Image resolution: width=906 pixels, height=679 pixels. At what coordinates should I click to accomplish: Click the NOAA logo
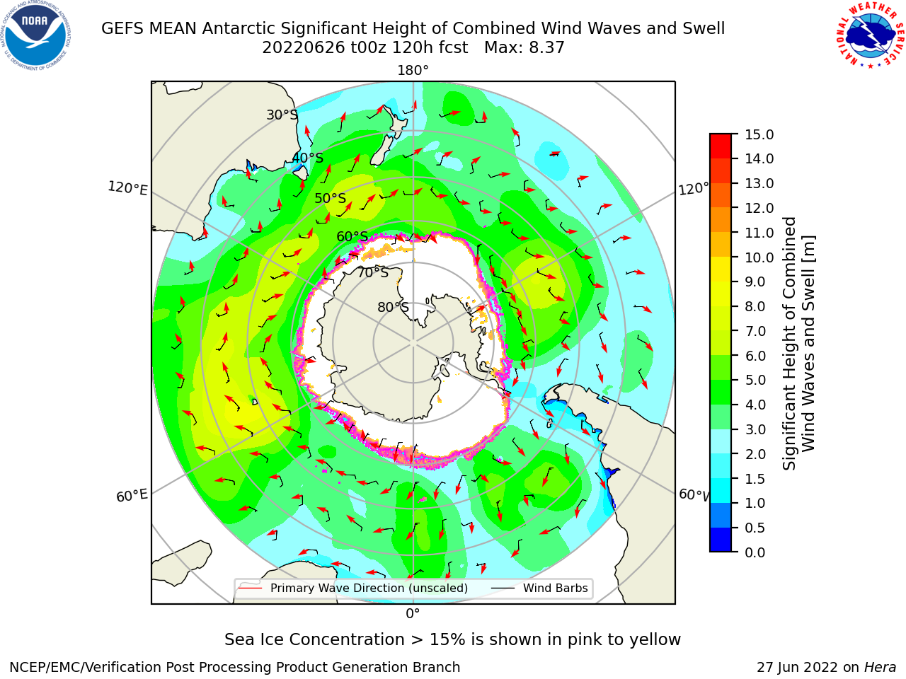[36, 35]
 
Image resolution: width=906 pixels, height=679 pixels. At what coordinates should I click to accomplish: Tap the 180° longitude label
[413, 71]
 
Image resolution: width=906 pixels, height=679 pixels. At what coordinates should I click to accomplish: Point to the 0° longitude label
[413, 614]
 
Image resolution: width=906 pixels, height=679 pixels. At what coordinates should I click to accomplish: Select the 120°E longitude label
[127, 188]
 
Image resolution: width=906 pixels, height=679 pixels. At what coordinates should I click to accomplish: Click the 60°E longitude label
[132, 496]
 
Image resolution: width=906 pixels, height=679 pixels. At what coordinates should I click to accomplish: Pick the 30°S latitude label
[282, 115]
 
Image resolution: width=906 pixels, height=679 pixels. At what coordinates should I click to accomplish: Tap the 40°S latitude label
[308, 158]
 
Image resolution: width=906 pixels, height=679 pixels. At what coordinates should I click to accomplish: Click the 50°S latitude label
[331, 198]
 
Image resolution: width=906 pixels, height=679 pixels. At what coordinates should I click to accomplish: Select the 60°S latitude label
[352, 236]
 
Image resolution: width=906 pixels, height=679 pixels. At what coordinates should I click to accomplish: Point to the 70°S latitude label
[373, 272]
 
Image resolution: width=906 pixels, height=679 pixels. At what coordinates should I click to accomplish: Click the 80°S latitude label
[393, 307]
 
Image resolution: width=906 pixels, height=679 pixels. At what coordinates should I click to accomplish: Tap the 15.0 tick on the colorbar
[759, 134]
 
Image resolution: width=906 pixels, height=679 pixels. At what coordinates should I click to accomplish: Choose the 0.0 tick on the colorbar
[755, 552]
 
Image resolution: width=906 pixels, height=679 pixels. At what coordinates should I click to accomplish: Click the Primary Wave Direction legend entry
[354, 588]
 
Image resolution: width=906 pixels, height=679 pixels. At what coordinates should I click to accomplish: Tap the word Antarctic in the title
[239, 28]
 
